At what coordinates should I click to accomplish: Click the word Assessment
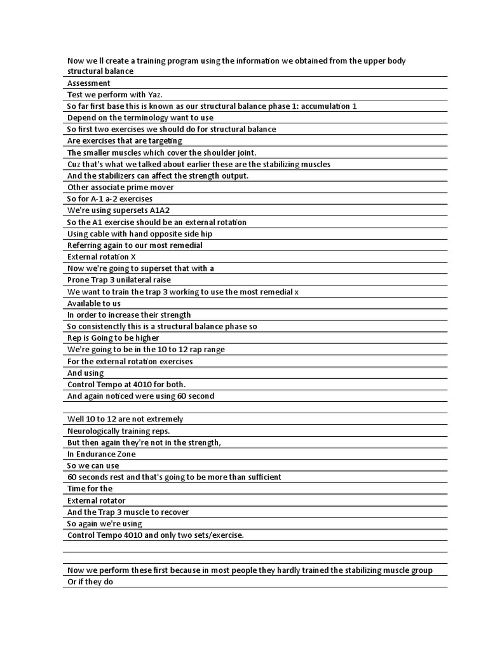click(x=88, y=83)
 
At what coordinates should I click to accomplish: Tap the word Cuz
click(x=74, y=164)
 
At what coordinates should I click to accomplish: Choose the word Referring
click(x=86, y=245)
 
